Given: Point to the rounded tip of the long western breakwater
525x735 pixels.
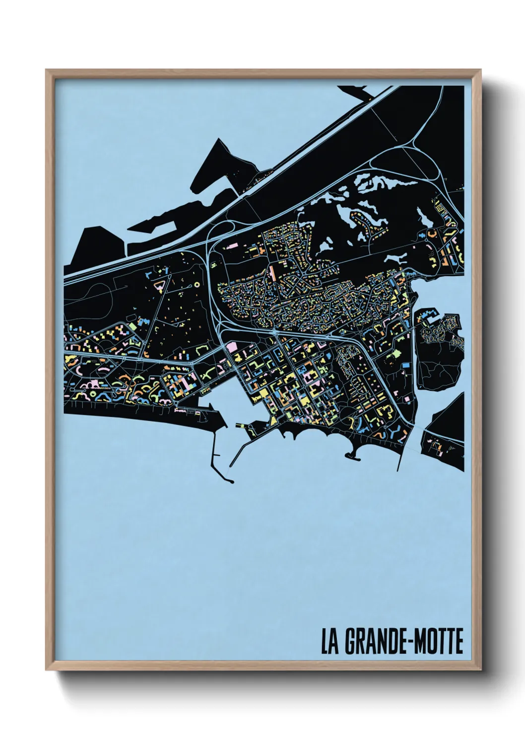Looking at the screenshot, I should (x=231, y=481).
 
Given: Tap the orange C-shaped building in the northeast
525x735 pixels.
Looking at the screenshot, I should (x=431, y=232).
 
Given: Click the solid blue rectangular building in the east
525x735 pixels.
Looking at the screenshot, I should (x=406, y=366).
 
